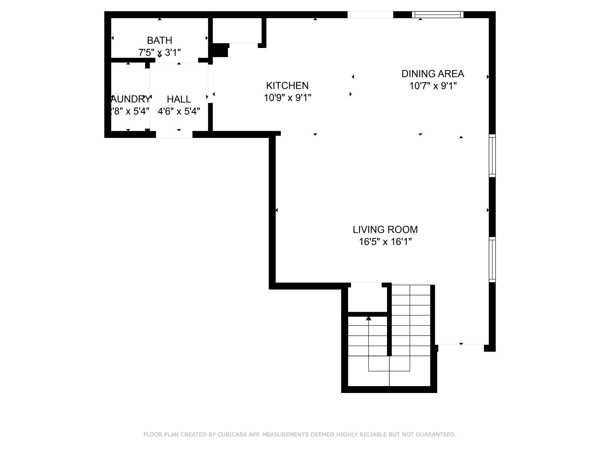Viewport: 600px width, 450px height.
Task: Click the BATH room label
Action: [159, 40]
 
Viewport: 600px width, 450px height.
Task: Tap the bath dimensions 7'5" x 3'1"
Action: [159, 52]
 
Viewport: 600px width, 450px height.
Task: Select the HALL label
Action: [179, 99]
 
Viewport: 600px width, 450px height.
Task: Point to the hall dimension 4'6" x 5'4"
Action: [179, 111]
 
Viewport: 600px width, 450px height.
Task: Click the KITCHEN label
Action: [287, 85]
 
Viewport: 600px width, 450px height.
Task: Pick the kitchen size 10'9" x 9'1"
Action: [287, 98]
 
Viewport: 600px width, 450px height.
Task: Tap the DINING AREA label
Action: [433, 73]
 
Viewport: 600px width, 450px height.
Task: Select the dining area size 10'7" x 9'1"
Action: [433, 86]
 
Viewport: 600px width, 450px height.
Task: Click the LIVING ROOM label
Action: [385, 229]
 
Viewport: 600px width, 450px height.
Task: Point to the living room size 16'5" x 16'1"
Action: [385, 242]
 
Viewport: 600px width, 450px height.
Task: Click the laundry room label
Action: [130, 99]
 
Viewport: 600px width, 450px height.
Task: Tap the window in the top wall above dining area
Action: [437, 14]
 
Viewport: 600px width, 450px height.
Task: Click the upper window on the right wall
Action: [492, 155]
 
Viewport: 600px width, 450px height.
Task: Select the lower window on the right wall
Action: [492, 259]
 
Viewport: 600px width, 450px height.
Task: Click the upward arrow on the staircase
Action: [368, 318]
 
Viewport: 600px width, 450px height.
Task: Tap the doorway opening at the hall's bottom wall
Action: [174, 135]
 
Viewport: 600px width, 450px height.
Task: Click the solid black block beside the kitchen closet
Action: [220, 50]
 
